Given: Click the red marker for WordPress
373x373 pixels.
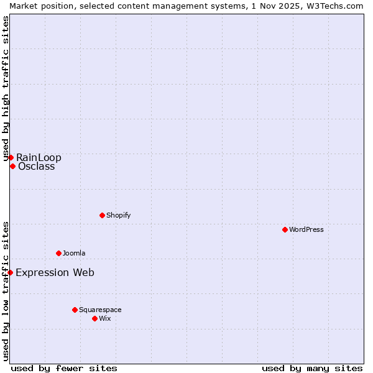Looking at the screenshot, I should (x=285, y=229).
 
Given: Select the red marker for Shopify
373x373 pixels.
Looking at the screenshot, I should (x=102, y=215).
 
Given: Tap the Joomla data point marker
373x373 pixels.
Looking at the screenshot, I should (x=58, y=253).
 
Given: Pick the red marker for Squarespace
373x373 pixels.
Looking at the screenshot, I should (x=75, y=310).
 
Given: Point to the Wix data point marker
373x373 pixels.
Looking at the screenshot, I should (x=94, y=318).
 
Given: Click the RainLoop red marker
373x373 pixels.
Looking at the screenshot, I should (x=11, y=157).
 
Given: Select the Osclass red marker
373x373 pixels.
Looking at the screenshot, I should (x=12, y=166).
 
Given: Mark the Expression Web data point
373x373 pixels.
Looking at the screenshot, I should (x=10, y=272).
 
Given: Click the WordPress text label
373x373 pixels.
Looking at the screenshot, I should (x=306, y=229).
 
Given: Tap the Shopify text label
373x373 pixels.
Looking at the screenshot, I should (x=118, y=215).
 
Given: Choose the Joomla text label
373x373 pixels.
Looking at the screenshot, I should (x=74, y=253).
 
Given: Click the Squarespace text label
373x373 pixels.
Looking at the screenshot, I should (x=100, y=310).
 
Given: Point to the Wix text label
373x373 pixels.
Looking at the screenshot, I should (x=104, y=318).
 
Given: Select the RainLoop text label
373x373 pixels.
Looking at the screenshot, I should (x=39, y=157).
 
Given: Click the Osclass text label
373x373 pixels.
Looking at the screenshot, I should (x=36, y=166).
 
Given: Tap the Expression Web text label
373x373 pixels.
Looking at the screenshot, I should (x=55, y=272).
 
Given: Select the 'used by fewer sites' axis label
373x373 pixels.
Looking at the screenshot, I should (x=64, y=368).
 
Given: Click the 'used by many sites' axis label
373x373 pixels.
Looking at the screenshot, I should (x=312, y=368).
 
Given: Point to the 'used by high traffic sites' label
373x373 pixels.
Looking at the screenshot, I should (x=6, y=89).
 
